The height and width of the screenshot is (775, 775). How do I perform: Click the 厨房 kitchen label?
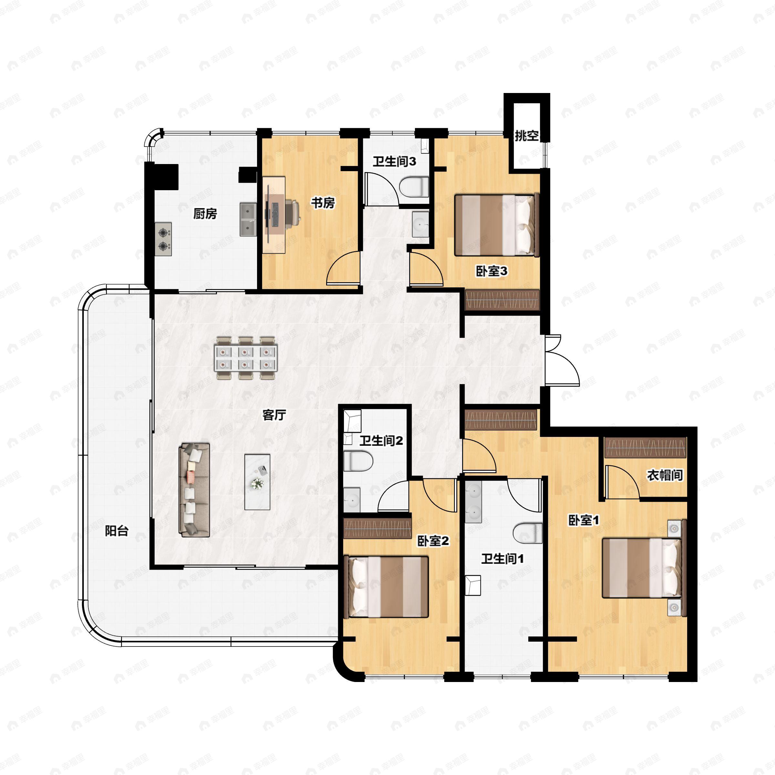205,214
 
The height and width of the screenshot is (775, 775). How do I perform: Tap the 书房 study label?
323,203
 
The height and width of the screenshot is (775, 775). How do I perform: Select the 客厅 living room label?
274,415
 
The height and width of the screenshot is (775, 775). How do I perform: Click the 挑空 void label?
526,136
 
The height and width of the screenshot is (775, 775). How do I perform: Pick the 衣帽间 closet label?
665,475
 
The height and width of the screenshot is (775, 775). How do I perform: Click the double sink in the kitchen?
249,219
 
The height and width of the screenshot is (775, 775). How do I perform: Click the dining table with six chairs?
246,358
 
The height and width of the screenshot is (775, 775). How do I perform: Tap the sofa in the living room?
194,490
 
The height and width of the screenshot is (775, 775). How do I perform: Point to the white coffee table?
257,482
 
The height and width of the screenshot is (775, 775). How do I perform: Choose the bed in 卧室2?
387,586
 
